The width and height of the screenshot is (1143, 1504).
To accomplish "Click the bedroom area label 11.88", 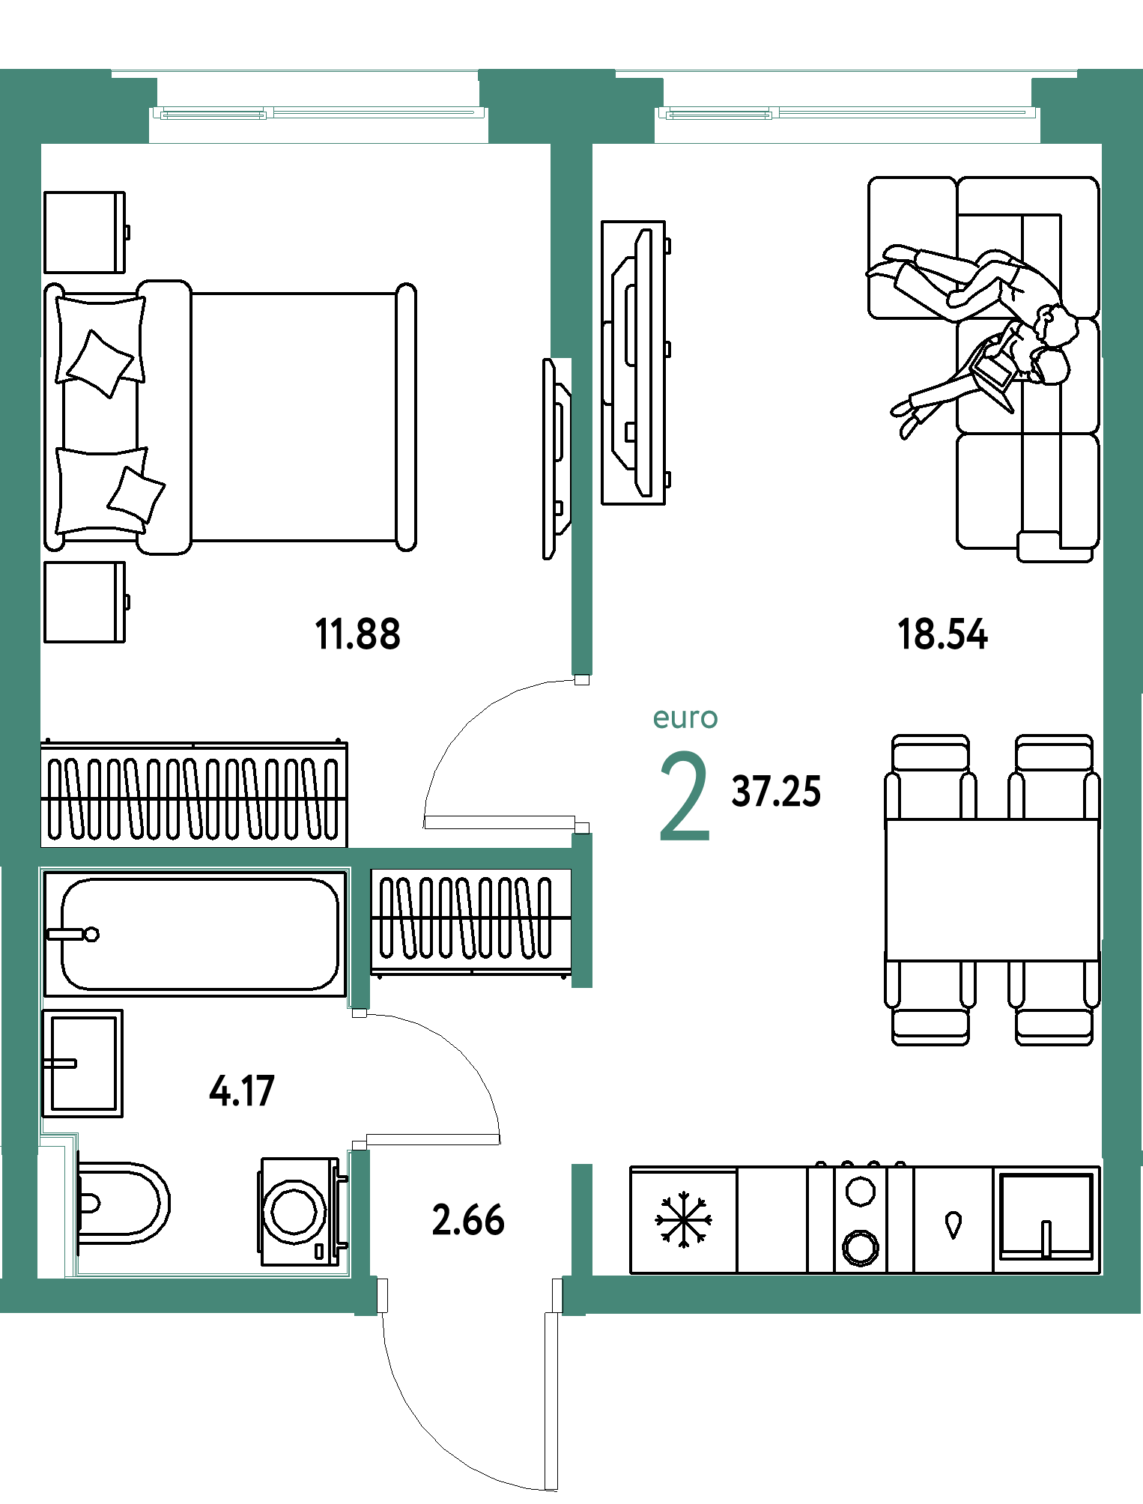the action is point(358,634).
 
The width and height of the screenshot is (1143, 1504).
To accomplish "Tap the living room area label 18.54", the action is point(942,634).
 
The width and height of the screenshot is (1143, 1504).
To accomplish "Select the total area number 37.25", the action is point(776,792).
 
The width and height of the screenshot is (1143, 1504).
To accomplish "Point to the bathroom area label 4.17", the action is point(242,1091).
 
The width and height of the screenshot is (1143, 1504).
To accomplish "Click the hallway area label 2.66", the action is point(468,1220).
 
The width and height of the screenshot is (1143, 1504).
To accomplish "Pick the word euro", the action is point(685,718).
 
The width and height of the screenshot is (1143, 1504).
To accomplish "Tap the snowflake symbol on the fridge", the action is point(683,1221).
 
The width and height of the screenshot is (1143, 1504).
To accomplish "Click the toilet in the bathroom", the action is point(123,1203).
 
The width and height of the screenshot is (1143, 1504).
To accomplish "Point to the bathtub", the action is point(195,933).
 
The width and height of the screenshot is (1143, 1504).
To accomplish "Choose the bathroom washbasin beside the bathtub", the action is point(82,1064).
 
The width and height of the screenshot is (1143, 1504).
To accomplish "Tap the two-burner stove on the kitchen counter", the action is point(860,1219).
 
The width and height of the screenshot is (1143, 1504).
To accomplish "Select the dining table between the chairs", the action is point(992,890).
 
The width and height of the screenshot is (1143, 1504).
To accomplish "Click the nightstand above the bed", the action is point(85,232).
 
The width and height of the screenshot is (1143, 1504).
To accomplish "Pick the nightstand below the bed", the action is point(85,602).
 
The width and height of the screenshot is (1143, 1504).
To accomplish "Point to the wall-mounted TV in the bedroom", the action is point(556,459).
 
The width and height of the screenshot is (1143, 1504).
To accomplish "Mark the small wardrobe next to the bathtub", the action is point(471,923).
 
